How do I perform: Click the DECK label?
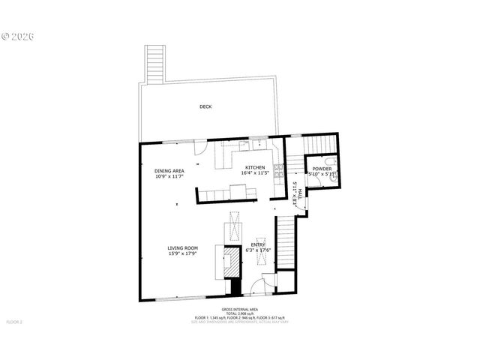tap(205, 106)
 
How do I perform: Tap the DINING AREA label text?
tap(169, 171)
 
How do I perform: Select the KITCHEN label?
tap(253, 167)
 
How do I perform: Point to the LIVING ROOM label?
tap(182, 247)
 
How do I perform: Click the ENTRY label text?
tap(257, 244)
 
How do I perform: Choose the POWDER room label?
tap(322, 169)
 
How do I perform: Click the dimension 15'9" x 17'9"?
tap(182, 253)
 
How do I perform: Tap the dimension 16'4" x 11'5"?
tap(253, 173)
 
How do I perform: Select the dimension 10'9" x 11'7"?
tap(169, 177)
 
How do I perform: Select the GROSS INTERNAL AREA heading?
tap(240, 310)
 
